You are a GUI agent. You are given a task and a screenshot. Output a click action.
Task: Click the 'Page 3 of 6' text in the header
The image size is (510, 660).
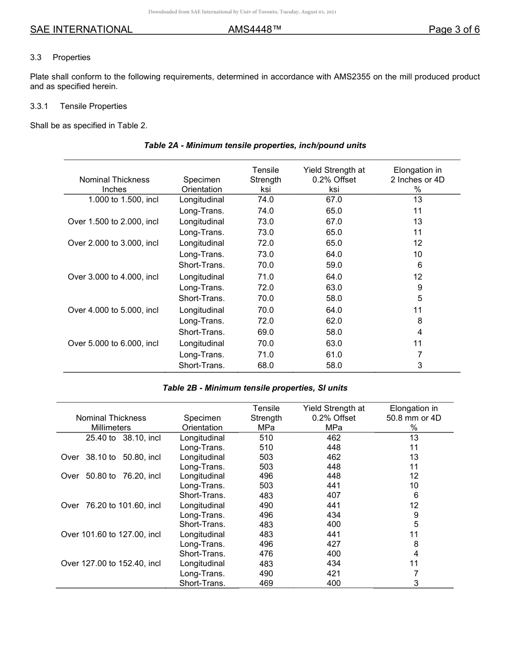tap(454, 30)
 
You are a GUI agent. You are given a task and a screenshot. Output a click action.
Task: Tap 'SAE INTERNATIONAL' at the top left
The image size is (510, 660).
tap(81, 30)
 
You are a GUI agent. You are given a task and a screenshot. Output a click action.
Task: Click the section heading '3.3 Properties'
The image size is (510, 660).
tap(60, 57)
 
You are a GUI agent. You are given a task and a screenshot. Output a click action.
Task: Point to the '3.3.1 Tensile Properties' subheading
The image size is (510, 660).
tap(78, 106)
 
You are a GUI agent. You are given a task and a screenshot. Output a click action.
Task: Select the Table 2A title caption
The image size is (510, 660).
tap(255, 145)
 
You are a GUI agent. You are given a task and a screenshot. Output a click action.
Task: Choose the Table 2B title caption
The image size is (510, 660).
tap(255, 388)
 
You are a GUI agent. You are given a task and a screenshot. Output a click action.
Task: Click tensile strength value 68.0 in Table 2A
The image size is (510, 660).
tap(266, 365)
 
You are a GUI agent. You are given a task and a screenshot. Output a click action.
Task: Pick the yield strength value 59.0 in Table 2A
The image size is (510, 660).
tap(334, 265)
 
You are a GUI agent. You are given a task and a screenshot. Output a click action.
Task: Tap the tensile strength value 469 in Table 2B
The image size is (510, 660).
tap(266, 583)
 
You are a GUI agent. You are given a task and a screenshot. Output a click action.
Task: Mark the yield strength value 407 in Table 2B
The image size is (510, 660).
tap(333, 496)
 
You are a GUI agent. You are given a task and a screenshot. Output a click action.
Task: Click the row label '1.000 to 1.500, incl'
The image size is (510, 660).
tap(123, 200)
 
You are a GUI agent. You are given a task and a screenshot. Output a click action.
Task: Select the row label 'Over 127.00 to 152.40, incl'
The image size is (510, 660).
tap(111, 563)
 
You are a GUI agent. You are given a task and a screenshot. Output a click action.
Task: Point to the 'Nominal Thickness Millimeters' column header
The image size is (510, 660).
tap(111, 422)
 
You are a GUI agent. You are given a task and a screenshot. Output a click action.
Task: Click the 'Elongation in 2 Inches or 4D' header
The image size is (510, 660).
tap(418, 179)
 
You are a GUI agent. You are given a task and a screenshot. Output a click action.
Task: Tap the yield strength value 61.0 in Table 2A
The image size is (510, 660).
tap(334, 355)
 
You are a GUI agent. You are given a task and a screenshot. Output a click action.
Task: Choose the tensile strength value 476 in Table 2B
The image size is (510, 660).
tap(266, 554)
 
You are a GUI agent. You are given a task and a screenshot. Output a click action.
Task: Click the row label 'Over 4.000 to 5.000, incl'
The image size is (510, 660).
tap(113, 310)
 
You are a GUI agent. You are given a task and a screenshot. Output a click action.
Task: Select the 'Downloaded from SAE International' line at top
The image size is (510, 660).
tap(242, 12)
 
